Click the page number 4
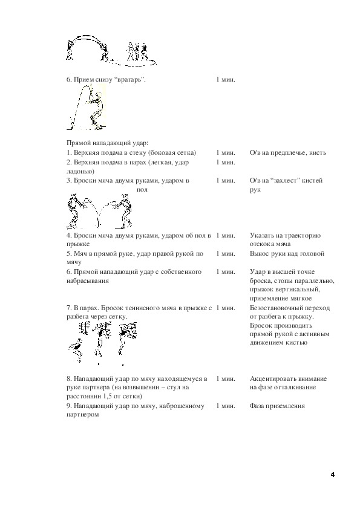point(332,475)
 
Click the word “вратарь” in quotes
point(129,80)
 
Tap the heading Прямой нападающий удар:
point(107,143)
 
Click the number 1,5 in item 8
point(108,397)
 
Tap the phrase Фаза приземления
point(277,406)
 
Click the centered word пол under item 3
point(142,190)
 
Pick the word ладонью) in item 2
point(80,172)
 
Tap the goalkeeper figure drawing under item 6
point(87,107)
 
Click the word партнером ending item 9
point(82,415)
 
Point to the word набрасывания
point(87,280)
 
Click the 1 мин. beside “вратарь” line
point(226,80)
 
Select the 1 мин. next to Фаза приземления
point(226,406)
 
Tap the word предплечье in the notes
point(288,153)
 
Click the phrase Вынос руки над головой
point(287,253)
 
